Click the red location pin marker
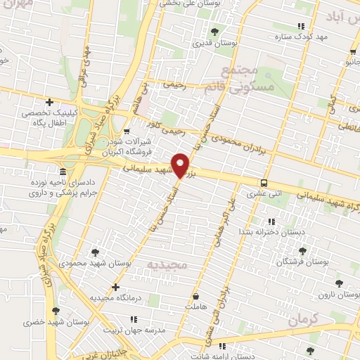[181, 164]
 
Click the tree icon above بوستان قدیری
[214, 31]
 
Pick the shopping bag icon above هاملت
[195, 295]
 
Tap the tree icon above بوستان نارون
[340, 283]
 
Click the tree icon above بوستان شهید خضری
[54, 309]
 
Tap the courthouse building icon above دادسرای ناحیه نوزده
[64, 172]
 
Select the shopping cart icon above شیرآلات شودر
[126, 131]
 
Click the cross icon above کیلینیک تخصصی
[49, 103]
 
